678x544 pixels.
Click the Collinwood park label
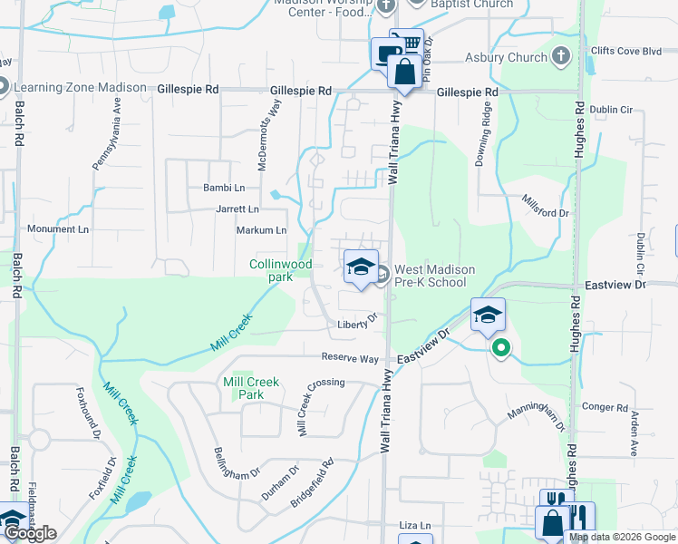(281, 270)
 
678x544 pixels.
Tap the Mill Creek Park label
(251, 388)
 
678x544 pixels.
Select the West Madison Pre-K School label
(430, 276)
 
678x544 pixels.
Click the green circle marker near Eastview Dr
(499, 347)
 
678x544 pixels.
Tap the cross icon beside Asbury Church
(561, 57)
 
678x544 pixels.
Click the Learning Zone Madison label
(79, 88)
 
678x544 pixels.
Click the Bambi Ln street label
(225, 188)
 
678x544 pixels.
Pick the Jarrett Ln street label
(237, 209)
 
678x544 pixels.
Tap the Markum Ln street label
(261, 230)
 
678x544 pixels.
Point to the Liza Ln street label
(416, 525)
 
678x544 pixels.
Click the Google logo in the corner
(29, 533)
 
